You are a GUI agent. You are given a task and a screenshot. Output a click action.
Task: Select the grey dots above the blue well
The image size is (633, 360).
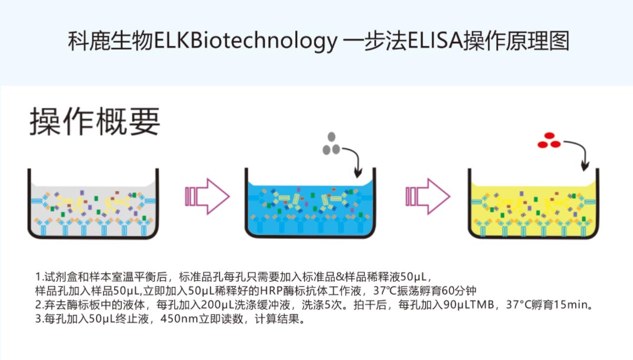point(330,145)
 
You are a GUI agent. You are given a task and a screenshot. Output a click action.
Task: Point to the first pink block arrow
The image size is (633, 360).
point(206,196)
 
